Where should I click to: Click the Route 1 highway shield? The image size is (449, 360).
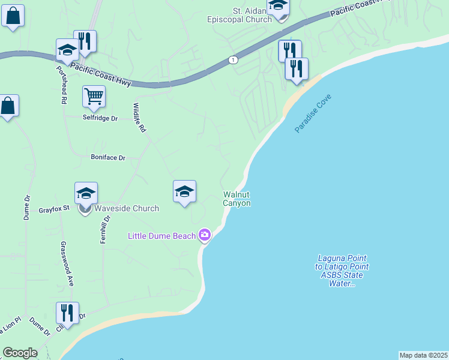(x=233, y=59)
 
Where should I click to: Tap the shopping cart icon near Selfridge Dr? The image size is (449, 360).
(x=94, y=96)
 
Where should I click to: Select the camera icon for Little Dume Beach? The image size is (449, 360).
(x=205, y=235)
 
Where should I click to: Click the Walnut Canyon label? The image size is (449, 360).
(x=237, y=199)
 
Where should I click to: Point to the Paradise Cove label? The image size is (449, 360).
(x=313, y=113)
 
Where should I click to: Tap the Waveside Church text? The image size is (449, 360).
(x=126, y=208)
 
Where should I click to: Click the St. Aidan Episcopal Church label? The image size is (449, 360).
(x=240, y=15)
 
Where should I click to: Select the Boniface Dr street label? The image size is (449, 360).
(x=108, y=158)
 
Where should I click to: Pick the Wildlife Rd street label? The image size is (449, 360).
(x=139, y=117)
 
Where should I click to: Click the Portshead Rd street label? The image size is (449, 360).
(x=61, y=85)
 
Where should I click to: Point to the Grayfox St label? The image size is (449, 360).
(x=55, y=210)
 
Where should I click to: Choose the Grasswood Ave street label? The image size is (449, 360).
(x=67, y=263)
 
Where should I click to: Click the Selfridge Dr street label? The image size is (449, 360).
(x=100, y=118)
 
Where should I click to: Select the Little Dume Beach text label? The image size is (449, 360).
(x=162, y=236)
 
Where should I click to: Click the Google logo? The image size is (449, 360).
(x=20, y=353)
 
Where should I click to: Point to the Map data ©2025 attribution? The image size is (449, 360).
(x=424, y=355)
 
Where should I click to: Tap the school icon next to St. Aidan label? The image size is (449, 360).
(x=278, y=7)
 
